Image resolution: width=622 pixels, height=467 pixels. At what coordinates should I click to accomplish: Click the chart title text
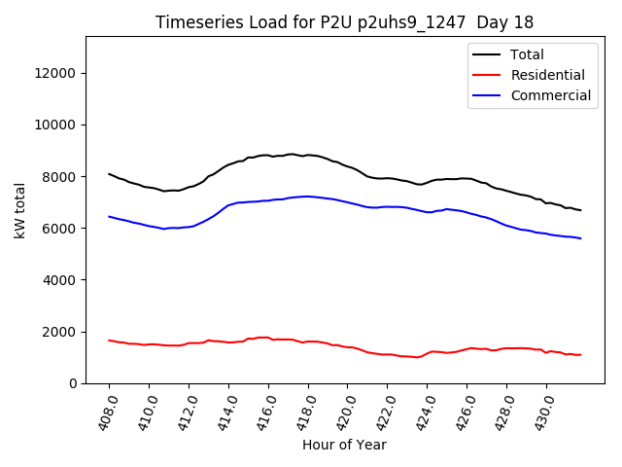point(345,22)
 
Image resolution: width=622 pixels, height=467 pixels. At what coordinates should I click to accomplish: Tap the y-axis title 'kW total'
point(20,210)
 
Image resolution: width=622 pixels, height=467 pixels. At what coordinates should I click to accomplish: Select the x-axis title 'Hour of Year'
point(344,445)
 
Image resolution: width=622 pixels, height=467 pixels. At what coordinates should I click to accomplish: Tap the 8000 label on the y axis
point(60,176)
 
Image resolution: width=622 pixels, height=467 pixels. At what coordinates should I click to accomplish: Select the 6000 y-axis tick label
point(60,228)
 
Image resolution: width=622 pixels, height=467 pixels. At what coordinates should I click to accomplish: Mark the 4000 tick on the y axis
point(60,280)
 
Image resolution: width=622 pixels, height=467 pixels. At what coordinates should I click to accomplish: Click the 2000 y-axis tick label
point(60,332)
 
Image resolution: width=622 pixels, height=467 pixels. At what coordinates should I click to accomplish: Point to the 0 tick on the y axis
point(74,383)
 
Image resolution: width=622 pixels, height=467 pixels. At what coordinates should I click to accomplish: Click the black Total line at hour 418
point(308,155)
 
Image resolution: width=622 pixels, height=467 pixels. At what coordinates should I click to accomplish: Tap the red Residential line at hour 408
point(109,341)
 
